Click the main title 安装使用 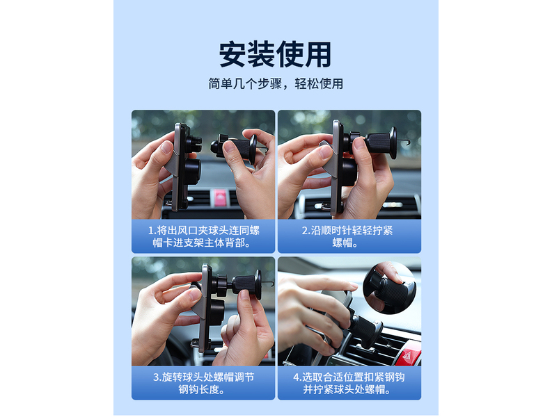[275, 54]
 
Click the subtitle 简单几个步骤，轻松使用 [275, 83]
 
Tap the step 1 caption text [203, 236]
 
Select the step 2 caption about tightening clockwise [347, 236]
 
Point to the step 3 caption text [203, 383]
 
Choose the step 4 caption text [349, 383]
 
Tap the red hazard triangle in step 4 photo [409, 356]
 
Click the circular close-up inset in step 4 [389, 288]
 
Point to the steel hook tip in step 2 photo [409, 142]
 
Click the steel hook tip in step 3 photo [271, 284]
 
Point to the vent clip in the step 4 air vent [366, 331]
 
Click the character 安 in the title [232, 54]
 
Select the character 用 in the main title [318, 54]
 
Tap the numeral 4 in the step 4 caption [296, 377]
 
